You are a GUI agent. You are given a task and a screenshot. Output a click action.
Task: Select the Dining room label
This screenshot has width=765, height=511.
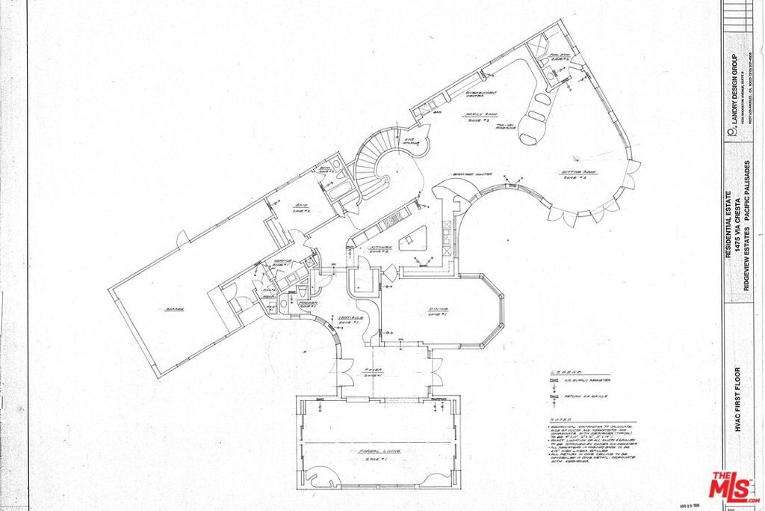pos(438,309)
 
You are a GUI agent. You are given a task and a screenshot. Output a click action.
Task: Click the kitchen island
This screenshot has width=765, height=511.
pos(411,240)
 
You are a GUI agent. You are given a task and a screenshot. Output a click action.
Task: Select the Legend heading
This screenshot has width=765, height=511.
pos(566,372)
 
